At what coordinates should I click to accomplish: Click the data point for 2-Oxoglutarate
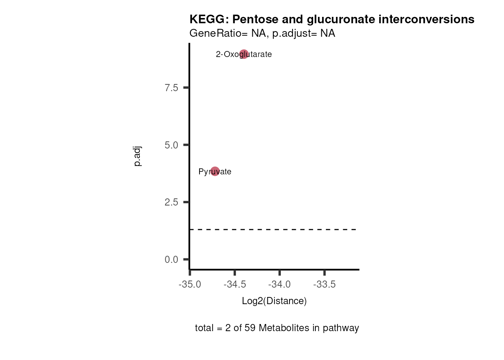(x=244, y=54)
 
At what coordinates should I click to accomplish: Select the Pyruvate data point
(x=215, y=171)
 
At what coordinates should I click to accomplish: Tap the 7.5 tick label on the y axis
(x=171, y=88)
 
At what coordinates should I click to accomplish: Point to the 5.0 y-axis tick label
(x=171, y=145)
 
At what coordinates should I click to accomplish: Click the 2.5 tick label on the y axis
(x=171, y=202)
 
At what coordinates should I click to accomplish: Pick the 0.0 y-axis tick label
(x=171, y=259)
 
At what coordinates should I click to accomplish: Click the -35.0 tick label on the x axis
(x=190, y=284)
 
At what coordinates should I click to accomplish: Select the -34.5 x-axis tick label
(x=235, y=284)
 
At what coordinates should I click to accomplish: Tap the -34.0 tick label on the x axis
(x=279, y=284)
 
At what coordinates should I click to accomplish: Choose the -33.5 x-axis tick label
(x=324, y=284)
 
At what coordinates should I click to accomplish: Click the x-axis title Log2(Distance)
(x=274, y=301)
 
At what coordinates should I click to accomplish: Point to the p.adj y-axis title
(x=137, y=156)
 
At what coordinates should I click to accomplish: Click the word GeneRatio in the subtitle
(x=216, y=33)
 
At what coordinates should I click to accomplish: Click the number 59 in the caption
(x=250, y=328)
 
